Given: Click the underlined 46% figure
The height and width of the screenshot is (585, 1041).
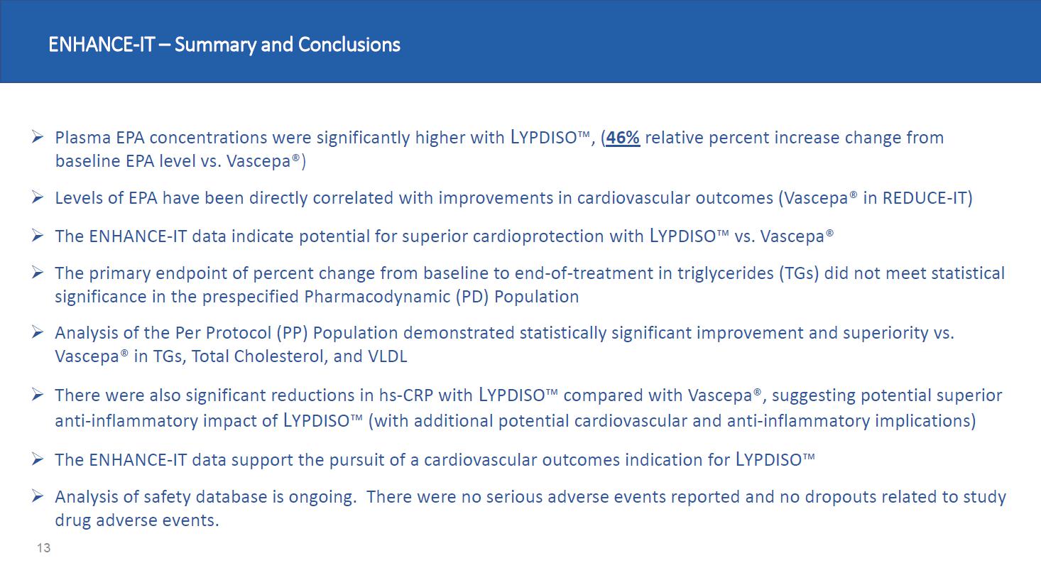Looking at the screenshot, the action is tap(623, 138).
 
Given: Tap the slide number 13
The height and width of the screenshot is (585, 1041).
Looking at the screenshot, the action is tap(44, 548).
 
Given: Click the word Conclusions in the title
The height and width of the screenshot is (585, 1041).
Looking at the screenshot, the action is tap(349, 45).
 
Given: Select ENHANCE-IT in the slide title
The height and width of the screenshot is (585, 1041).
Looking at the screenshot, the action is tap(102, 45).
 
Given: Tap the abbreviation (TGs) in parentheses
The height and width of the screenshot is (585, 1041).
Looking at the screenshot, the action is tap(799, 273).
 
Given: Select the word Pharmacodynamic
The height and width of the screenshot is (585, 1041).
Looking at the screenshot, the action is tap(377, 297).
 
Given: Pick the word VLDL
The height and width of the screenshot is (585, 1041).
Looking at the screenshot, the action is tap(387, 357).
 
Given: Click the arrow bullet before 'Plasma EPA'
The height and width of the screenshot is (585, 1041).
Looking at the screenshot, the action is tap(38, 136).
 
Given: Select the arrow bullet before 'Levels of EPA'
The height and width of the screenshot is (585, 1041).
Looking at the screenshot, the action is tap(38, 197).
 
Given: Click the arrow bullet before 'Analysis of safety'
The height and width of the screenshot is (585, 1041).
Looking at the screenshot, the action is tap(38, 496).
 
